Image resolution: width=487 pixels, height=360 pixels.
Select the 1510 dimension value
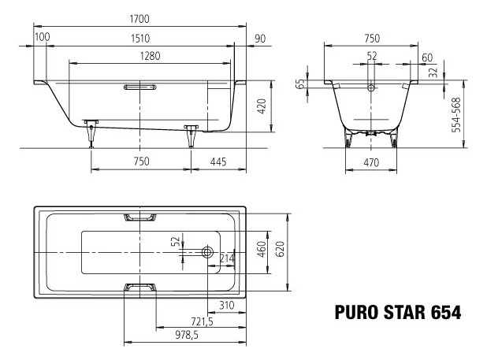click(x=139, y=37)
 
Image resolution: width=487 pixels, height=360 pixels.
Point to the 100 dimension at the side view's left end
click(x=43, y=37)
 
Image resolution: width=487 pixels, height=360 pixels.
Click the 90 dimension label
click(x=260, y=37)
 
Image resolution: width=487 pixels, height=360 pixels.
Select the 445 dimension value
click(x=218, y=161)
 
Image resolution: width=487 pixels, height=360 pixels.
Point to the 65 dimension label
click(x=300, y=84)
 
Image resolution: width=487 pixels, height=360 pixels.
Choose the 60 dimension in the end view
click(x=426, y=57)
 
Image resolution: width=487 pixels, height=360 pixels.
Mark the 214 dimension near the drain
click(x=227, y=258)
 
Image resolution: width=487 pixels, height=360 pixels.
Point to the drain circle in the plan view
click(x=207, y=252)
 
